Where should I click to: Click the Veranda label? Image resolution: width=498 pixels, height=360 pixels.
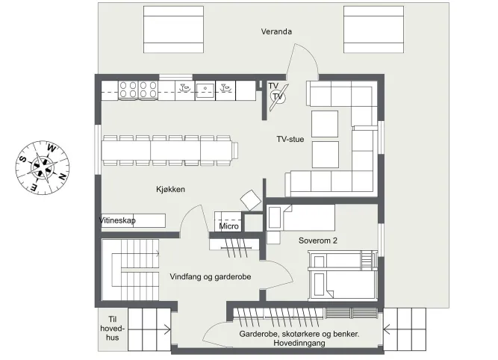point(276,31)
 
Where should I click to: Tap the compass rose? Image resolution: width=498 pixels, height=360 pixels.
point(43,167)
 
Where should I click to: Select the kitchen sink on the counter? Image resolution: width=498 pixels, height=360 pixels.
point(205,90)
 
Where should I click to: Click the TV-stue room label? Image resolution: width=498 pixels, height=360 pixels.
point(290,139)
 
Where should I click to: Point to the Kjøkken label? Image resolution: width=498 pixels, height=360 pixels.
point(170,190)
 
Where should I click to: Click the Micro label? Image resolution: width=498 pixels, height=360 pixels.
point(228,226)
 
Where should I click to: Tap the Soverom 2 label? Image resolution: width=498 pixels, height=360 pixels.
point(318,240)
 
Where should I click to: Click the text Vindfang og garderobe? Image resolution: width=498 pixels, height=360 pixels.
point(211,277)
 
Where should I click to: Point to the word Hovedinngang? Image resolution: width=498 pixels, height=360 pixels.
point(299,343)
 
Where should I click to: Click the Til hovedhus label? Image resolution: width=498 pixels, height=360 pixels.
point(113,328)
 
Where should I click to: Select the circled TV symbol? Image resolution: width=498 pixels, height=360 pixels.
point(278,96)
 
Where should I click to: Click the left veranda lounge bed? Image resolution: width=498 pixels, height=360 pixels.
point(173,30)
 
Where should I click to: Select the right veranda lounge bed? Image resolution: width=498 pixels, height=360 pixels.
point(373,30)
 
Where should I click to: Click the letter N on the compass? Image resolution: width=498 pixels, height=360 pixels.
point(63,176)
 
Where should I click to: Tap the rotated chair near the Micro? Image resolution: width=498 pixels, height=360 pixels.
point(251,200)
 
